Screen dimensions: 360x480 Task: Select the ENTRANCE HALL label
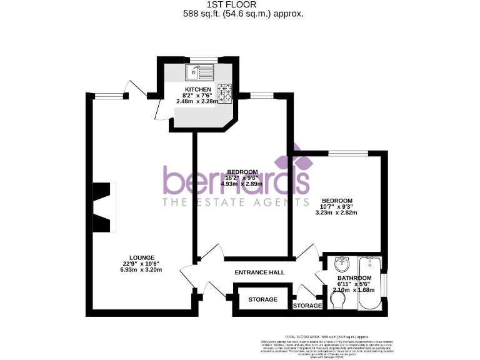(259, 272)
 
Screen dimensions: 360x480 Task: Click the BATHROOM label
(354, 278)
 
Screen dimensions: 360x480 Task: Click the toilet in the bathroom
(336, 302)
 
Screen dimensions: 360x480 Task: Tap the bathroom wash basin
(341, 262)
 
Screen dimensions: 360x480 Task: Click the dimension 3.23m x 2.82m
(338, 213)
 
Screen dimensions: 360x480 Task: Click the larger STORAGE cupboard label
(262, 300)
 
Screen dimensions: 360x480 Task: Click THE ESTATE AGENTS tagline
(236, 202)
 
